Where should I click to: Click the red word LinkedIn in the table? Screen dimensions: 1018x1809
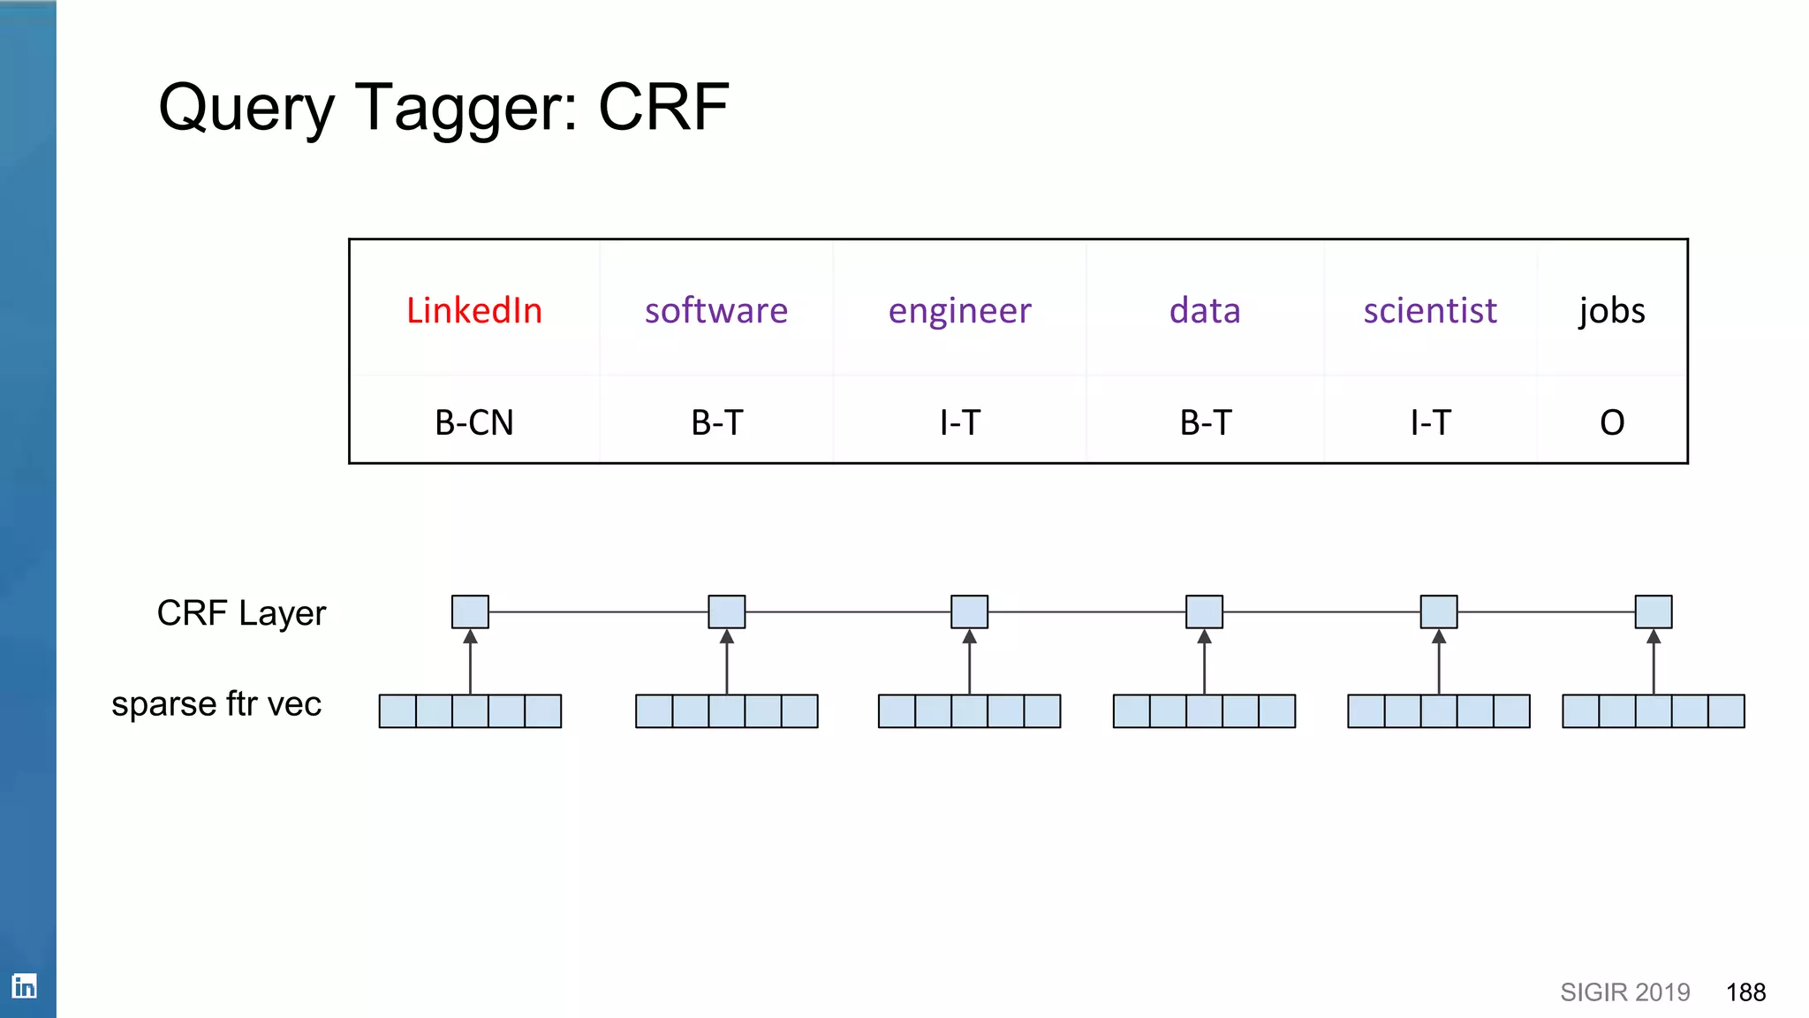pos(474,311)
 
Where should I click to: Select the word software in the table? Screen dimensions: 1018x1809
pos(715,311)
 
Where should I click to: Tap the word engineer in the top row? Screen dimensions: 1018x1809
pos(959,311)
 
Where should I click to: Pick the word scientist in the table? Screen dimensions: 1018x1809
pos(1429,311)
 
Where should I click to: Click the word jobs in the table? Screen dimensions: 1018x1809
pos(1611,311)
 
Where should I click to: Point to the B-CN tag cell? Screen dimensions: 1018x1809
pos(474,422)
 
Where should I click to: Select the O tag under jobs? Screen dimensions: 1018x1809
pos(1611,422)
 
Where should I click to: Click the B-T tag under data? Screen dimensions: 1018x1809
pos(1205,422)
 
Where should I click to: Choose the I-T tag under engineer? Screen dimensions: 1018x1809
pos(959,422)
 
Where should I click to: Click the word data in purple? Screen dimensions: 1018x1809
pos(1205,311)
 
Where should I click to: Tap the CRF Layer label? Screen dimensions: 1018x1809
pos(241,613)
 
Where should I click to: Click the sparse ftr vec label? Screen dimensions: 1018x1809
pos(216,704)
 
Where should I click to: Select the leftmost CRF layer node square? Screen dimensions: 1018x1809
pos(470,612)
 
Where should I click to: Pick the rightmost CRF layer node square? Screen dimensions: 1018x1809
pos(1653,612)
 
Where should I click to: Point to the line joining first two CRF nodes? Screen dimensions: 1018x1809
pos(598,612)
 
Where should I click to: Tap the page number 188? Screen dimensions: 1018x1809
pos(1745,992)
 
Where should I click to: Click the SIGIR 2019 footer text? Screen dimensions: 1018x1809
pos(1624,992)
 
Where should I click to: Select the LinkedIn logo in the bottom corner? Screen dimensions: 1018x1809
pos(25,985)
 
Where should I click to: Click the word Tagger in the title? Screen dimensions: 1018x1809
pos(465,107)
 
